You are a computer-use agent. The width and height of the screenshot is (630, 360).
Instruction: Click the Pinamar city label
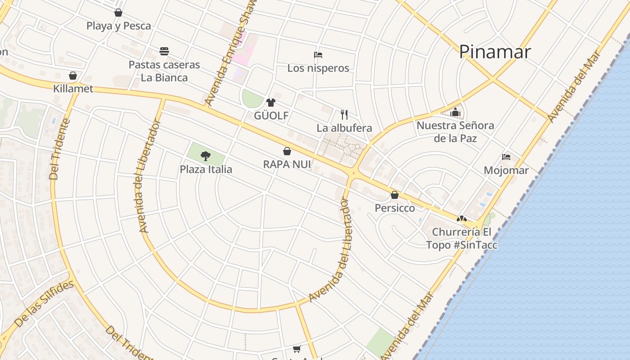(x=495, y=52)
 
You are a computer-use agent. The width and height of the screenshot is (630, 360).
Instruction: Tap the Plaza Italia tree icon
(x=206, y=156)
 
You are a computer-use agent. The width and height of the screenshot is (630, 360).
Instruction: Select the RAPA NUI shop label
(x=287, y=164)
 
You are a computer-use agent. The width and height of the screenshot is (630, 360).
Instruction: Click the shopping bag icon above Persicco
(x=395, y=195)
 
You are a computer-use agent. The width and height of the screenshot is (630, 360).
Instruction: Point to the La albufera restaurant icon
(x=344, y=114)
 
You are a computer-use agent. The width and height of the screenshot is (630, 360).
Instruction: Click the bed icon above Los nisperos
(x=318, y=55)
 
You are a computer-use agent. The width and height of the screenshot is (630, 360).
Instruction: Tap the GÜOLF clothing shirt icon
(x=270, y=103)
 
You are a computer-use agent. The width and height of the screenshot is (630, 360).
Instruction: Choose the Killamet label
(x=73, y=89)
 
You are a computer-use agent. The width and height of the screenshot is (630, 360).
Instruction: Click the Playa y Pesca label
(x=118, y=26)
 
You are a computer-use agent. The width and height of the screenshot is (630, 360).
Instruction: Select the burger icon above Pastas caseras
(x=164, y=51)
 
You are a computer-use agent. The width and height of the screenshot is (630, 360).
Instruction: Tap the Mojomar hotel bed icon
(x=506, y=157)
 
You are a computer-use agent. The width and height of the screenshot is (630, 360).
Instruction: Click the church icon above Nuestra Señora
(x=455, y=112)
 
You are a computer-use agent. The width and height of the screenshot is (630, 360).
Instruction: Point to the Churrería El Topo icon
(x=461, y=219)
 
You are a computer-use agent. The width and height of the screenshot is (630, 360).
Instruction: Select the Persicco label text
(x=395, y=208)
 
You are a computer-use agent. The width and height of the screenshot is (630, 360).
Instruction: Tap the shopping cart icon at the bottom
(x=297, y=349)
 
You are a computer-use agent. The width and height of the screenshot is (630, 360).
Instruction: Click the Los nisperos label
(x=318, y=68)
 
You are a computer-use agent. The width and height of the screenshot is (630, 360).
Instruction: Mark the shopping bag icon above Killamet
(x=73, y=76)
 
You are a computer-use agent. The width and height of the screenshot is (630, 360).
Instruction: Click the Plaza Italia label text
(x=206, y=169)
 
